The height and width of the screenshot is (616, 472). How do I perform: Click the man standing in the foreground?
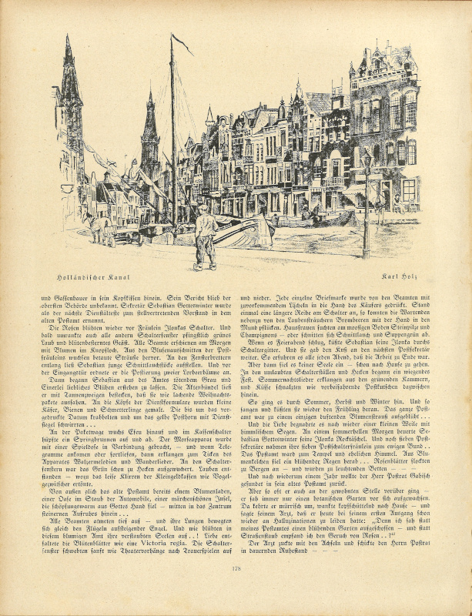pos(205,236)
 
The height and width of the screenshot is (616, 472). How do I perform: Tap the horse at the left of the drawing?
pos(100,226)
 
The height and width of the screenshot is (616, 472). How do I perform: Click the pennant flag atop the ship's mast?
pos(182,44)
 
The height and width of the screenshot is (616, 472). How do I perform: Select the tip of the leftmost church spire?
pos(68,38)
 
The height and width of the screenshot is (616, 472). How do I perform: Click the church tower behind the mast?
pos(150,139)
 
